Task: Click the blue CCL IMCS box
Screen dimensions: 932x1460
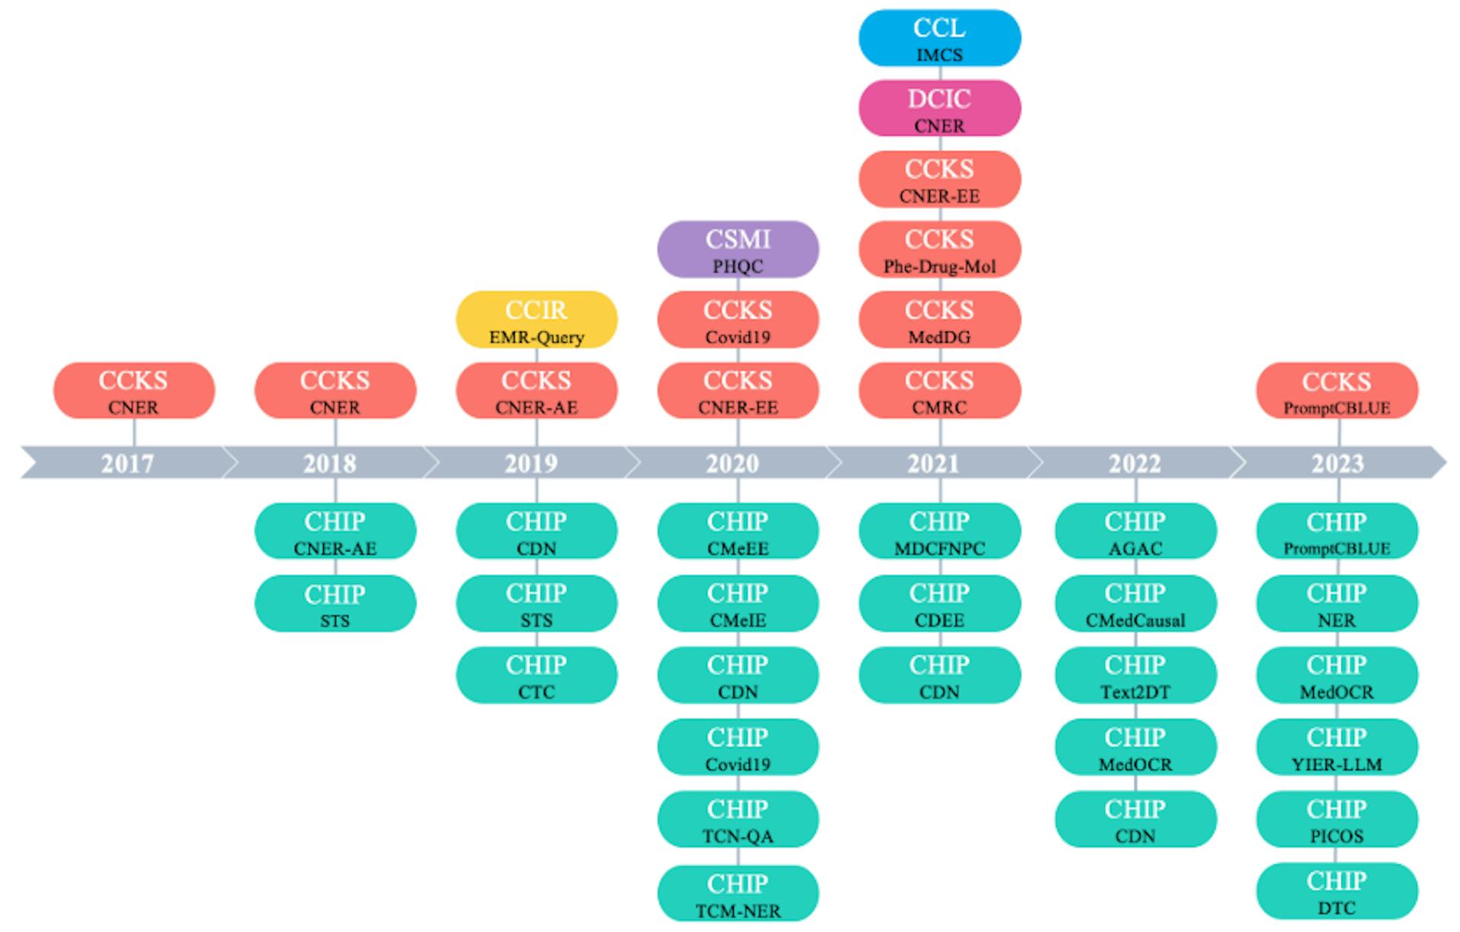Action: [x=939, y=38]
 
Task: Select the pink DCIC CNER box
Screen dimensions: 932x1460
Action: [x=939, y=109]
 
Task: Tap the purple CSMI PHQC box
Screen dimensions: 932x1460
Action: [x=738, y=249]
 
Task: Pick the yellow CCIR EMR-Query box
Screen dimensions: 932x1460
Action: [x=536, y=320]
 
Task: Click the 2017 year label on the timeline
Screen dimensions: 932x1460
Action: [x=128, y=463]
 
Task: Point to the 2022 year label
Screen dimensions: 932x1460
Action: [x=1135, y=463]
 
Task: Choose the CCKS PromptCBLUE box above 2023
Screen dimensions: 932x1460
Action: [x=1337, y=391]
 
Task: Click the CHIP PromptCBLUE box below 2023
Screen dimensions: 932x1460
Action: [x=1337, y=531]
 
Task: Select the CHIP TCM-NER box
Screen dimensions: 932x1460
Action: [x=738, y=893]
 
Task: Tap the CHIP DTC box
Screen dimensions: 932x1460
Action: [x=1337, y=891]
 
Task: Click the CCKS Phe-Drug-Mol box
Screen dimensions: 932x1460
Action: [x=939, y=249]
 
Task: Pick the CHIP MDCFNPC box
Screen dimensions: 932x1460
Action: [x=939, y=531]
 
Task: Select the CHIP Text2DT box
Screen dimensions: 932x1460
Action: [x=1135, y=675]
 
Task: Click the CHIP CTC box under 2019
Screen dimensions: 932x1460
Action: [x=536, y=675]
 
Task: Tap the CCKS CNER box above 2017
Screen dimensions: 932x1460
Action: [x=134, y=391]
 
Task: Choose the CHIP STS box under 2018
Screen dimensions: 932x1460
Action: [x=335, y=604]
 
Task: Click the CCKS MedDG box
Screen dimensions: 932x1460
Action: [x=939, y=320]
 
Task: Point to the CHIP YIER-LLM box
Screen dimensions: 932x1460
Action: [x=1337, y=747]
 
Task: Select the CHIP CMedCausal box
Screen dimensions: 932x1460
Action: [x=1135, y=604]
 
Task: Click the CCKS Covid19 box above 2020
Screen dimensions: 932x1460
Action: [x=738, y=320]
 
